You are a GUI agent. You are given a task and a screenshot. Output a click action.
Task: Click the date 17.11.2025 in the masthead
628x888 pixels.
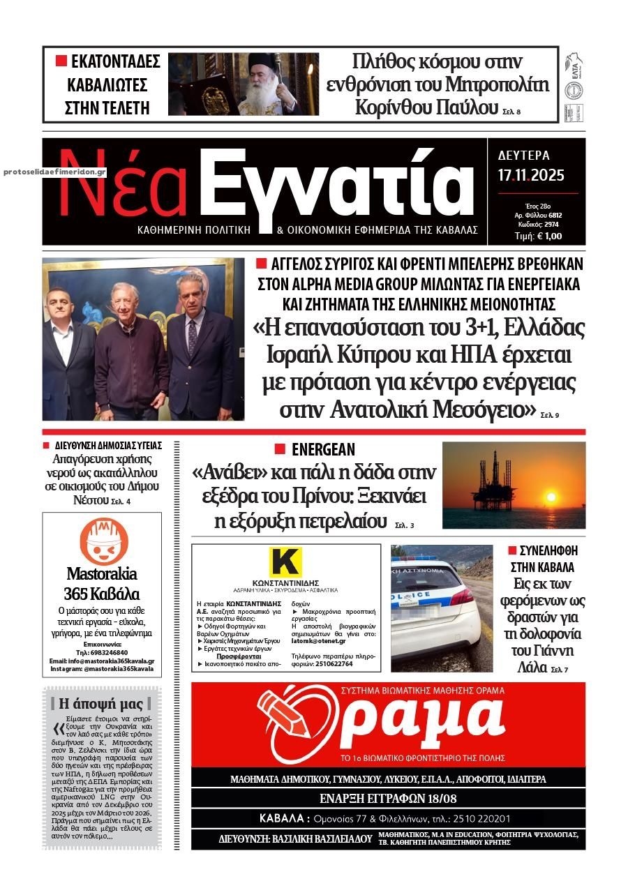tap(531, 175)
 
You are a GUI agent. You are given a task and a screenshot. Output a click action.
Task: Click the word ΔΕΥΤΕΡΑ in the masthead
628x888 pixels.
tap(524, 156)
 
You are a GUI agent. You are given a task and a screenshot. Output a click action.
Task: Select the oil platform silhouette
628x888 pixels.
tap(488, 481)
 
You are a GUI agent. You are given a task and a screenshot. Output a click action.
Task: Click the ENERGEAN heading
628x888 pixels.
tap(323, 450)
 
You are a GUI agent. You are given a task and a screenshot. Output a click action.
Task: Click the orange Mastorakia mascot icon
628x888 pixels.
tap(103, 542)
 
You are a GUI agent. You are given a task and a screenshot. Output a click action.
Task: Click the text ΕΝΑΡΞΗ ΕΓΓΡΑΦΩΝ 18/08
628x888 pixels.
tap(388, 799)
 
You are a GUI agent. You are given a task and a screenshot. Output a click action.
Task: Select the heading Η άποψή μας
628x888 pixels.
tap(100, 704)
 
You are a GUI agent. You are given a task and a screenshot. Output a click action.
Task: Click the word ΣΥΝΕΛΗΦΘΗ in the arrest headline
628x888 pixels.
tap(548, 551)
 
